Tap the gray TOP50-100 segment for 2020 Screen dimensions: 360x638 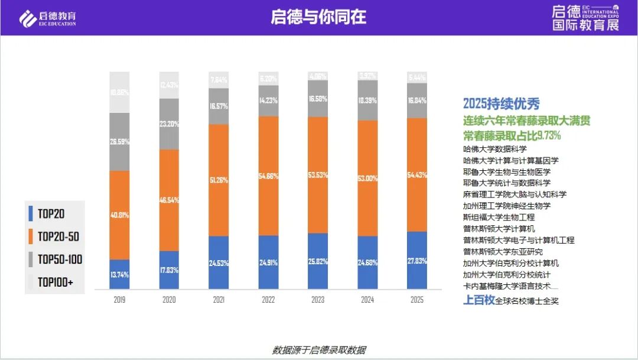pos(169,124)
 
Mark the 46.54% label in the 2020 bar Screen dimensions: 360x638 pos(169,200)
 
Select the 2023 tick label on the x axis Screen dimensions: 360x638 pos(318,300)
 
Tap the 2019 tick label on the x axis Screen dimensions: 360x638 pos(119,300)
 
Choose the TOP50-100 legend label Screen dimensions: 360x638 pos(60,260)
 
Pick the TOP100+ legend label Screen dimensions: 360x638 pos(55,283)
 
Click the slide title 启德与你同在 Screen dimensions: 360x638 pos(318,17)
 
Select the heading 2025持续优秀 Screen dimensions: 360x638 pos(501,104)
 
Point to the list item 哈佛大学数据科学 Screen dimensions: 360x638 pos(494,149)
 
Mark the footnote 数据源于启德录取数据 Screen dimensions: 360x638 pos(318,350)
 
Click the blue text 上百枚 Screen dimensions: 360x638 pos(478,300)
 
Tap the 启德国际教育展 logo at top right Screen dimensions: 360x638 pos(584,18)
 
